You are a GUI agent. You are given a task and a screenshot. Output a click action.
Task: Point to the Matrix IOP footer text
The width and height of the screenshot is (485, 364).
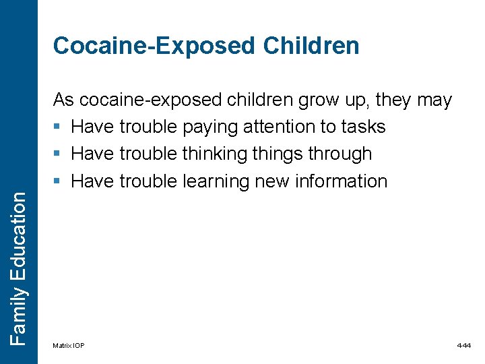(x=69, y=346)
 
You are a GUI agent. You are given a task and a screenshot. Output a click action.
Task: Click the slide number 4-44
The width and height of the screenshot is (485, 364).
(x=464, y=346)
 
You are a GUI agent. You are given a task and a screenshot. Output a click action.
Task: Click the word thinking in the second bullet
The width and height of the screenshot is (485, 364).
(x=215, y=154)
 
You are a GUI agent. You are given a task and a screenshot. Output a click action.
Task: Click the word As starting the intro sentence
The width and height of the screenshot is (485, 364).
(x=63, y=100)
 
